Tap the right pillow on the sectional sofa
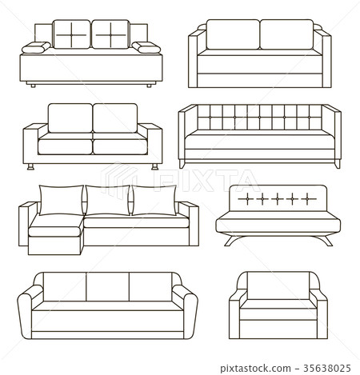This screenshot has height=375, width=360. (154, 199)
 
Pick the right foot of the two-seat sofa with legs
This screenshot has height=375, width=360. (152, 168)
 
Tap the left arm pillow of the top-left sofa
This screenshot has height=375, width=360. (34, 50)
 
